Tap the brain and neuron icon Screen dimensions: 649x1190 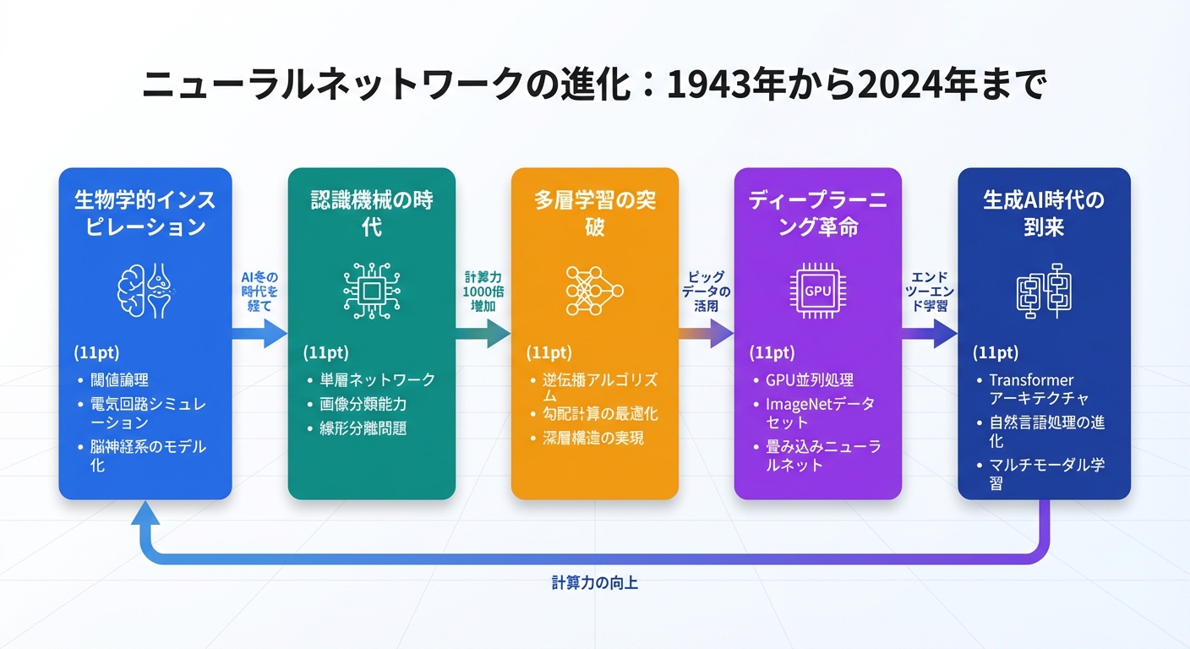pyautogui.click(x=145, y=290)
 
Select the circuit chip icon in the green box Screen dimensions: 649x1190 pyautogui.click(x=371, y=290)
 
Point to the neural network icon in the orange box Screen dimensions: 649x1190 pyautogui.click(x=594, y=290)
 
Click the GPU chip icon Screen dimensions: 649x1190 pyautogui.click(x=817, y=290)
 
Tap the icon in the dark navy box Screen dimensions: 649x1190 pyautogui.click(x=1043, y=290)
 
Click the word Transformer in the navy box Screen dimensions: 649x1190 pyautogui.click(x=1031, y=380)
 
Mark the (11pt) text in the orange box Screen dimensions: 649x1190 pyautogui.click(x=549, y=352)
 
